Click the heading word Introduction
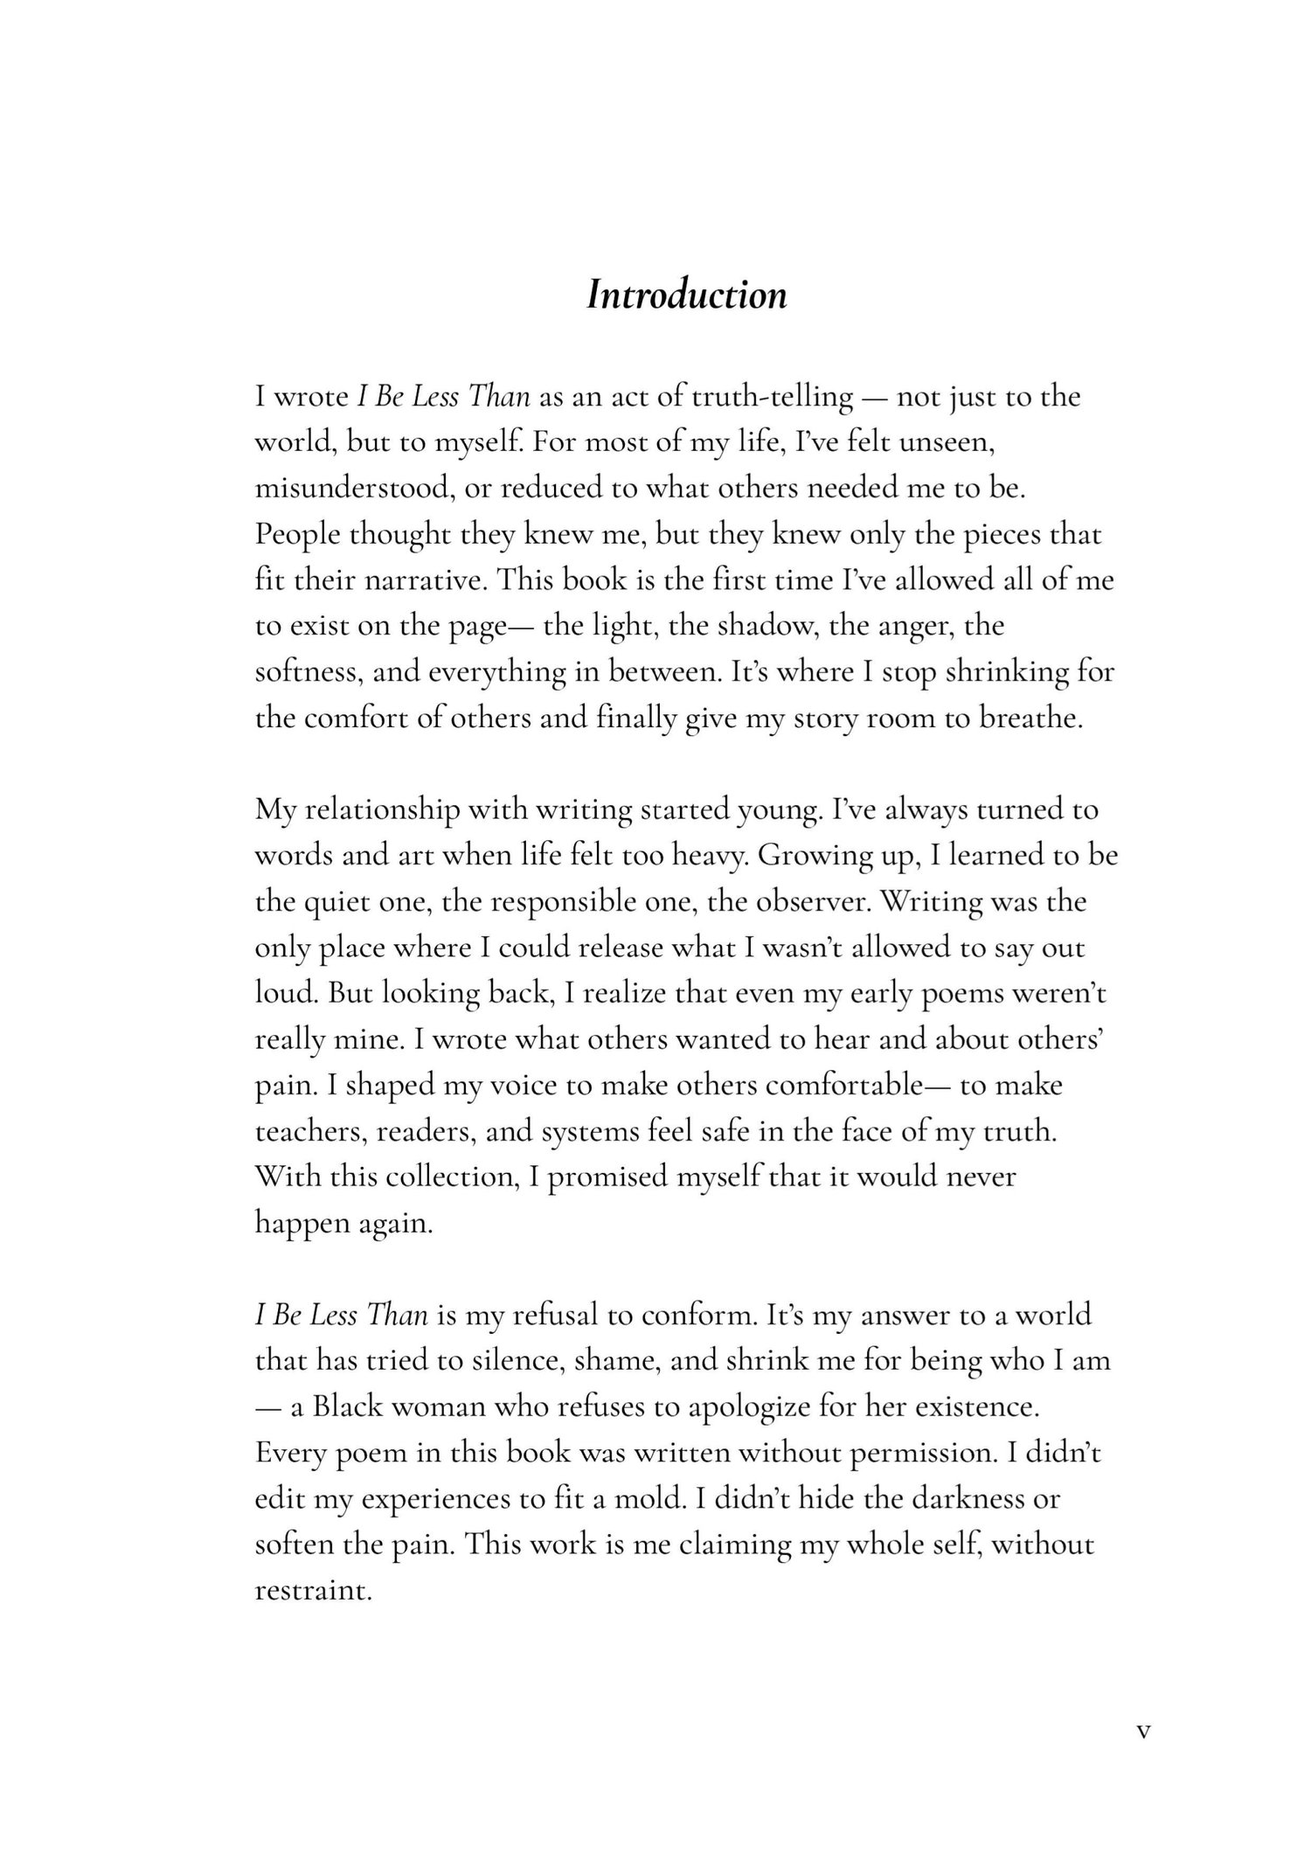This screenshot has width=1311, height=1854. [686, 295]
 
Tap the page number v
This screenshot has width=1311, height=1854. [1143, 1731]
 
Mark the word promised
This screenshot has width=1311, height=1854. [607, 1177]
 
